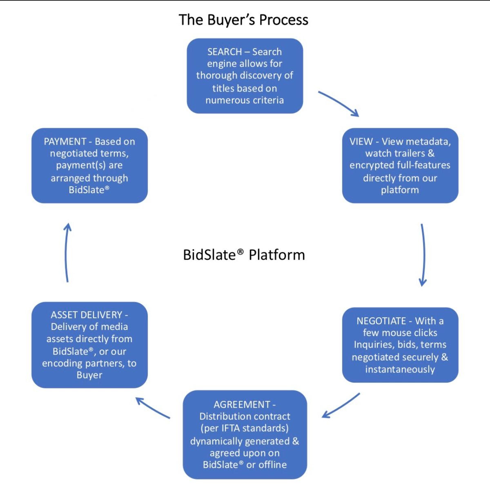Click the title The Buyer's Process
pos(243,20)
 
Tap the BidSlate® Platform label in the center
pos(244,255)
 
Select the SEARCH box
pos(245,76)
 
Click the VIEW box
pos(400,165)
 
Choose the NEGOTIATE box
pos(400,345)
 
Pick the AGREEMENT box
pos(245,434)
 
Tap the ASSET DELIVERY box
pos(89,345)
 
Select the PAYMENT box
pos(89,165)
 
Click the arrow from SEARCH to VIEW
pos(338,103)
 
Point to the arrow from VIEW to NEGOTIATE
pos(423,254)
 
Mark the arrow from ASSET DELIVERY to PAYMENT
pos(66,252)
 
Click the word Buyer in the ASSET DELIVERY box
pos(89,375)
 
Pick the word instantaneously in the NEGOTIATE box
pos(400,370)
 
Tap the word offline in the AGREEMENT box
pos(272,465)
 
